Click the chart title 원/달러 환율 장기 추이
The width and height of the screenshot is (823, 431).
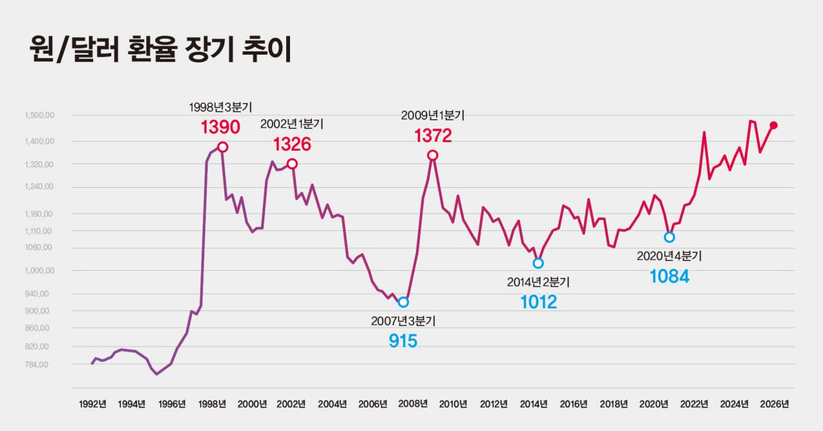tap(161, 50)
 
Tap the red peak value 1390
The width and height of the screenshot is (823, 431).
tap(220, 127)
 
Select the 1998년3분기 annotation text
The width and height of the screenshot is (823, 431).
tap(220, 106)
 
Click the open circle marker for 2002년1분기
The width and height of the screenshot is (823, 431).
tap(292, 164)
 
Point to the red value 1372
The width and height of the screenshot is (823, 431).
tap(433, 135)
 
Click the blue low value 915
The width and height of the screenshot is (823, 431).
tap(403, 341)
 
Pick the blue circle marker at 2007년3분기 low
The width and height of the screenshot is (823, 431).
tap(403, 302)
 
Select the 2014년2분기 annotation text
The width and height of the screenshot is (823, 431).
tap(538, 282)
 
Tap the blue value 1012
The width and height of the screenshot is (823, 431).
tap(538, 302)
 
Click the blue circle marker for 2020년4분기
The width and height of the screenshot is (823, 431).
tap(669, 237)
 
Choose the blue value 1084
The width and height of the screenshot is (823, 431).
tap(669, 277)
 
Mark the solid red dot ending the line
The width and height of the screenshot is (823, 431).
tap(773, 125)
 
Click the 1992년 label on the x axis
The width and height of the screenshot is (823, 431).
tap(93, 404)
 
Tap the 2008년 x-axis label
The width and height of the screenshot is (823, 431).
tap(413, 404)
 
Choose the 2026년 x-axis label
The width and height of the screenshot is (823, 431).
tap(774, 404)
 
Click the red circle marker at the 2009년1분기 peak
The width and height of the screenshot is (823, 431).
tap(433, 155)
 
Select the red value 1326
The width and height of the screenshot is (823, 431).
tap(292, 144)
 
